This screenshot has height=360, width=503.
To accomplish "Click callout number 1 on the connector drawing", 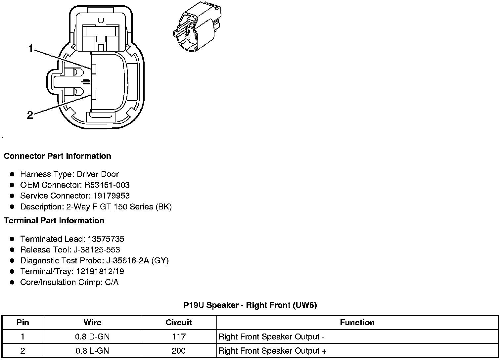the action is click(x=30, y=49).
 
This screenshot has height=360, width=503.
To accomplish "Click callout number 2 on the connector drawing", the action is click(x=30, y=115).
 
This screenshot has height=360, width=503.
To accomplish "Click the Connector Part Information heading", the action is click(x=57, y=156).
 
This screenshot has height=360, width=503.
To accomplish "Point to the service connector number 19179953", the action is click(x=112, y=196).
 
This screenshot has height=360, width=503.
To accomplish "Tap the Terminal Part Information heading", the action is click(x=54, y=221).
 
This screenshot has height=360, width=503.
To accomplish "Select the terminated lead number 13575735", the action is click(x=106, y=239).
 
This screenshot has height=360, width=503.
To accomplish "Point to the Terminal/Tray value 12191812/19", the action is click(x=100, y=271).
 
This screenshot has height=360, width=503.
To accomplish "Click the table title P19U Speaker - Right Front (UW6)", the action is click(x=250, y=305).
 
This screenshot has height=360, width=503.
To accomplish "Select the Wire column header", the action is click(x=92, y=323).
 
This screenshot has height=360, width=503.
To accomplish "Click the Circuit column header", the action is click(x=179, y=323).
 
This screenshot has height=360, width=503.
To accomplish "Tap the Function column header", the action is click(x=357, y=323).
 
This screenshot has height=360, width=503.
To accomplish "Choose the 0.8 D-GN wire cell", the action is click(x=92, y=337).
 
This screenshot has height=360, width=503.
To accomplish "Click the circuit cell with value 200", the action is click(x=179, y=351).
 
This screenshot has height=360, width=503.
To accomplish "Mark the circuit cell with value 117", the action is click(x=179, y=337).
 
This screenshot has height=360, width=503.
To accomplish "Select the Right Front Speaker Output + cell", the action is click(x=272, y=351).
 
